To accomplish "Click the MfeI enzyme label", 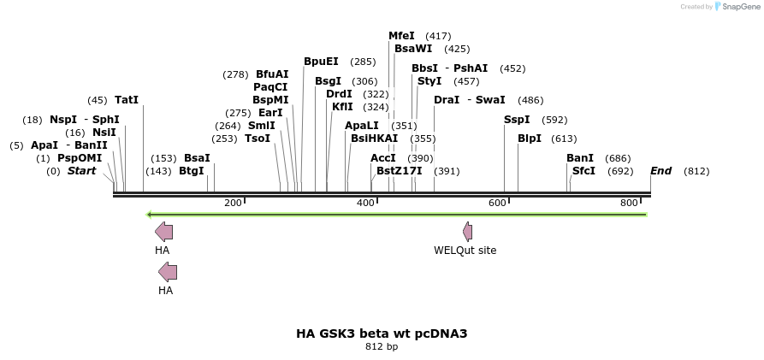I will click(x=401, y=36).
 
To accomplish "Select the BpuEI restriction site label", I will click(x=321, y=62).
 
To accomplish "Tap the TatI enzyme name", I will click(x=127, y=100).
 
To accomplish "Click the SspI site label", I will click(x=517, y=120).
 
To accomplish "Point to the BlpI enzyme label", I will click(x=530, y=139).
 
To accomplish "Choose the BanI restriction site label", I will click(x=580, y=158).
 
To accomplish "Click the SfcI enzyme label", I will click(x=583, y=171).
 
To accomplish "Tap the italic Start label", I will click(x=81, y=171).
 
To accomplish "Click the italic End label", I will click(x=660, y=171).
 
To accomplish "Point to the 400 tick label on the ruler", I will click(x=365, y=203).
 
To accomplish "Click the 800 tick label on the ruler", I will click(x=629, y=203).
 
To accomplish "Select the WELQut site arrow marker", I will click(x=468, y=231).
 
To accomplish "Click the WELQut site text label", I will click(x=465, y=251).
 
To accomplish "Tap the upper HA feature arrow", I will click(x=163, y=231).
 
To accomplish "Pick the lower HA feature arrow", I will click(x=168, y=272).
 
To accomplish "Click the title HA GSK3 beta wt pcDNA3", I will click(x=382, y=333).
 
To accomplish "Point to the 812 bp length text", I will click(x=382, y=347).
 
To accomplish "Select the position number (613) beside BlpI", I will click(x=564, y=139).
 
